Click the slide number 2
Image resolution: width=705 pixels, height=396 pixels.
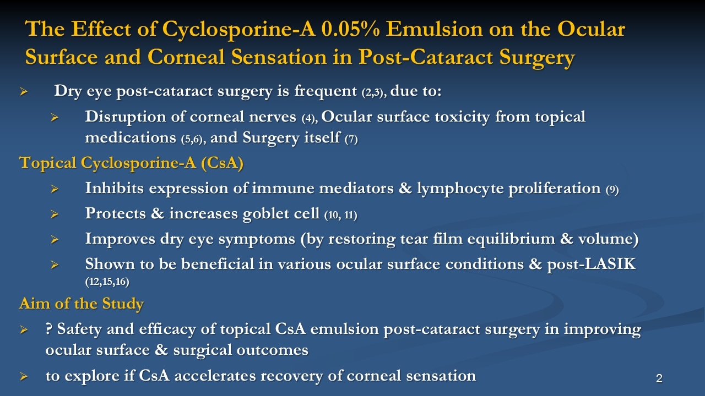[659, 378]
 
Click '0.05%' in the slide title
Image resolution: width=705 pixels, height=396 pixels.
[350, 29]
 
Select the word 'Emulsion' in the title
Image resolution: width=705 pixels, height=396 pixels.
[434, 29]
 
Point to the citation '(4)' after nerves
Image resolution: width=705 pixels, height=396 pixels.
[310, 118]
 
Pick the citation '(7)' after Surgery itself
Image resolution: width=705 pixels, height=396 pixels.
[351, 139]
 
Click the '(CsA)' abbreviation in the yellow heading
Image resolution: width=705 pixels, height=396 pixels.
[222, 163]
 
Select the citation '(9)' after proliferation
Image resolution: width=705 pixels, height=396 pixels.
[612, 190]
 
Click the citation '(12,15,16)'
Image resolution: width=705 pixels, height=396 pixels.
[107, 282]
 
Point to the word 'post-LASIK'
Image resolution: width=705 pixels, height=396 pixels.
[592, 265]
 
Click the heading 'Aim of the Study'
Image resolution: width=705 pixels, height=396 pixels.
[81, 304]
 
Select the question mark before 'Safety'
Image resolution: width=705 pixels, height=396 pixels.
[49, 329]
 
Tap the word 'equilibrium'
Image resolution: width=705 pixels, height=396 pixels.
[511, 239]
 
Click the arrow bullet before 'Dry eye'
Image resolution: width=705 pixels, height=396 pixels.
[24, 92]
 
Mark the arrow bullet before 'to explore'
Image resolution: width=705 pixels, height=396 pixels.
[24, 376]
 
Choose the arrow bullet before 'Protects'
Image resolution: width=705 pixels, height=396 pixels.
[55, 214]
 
